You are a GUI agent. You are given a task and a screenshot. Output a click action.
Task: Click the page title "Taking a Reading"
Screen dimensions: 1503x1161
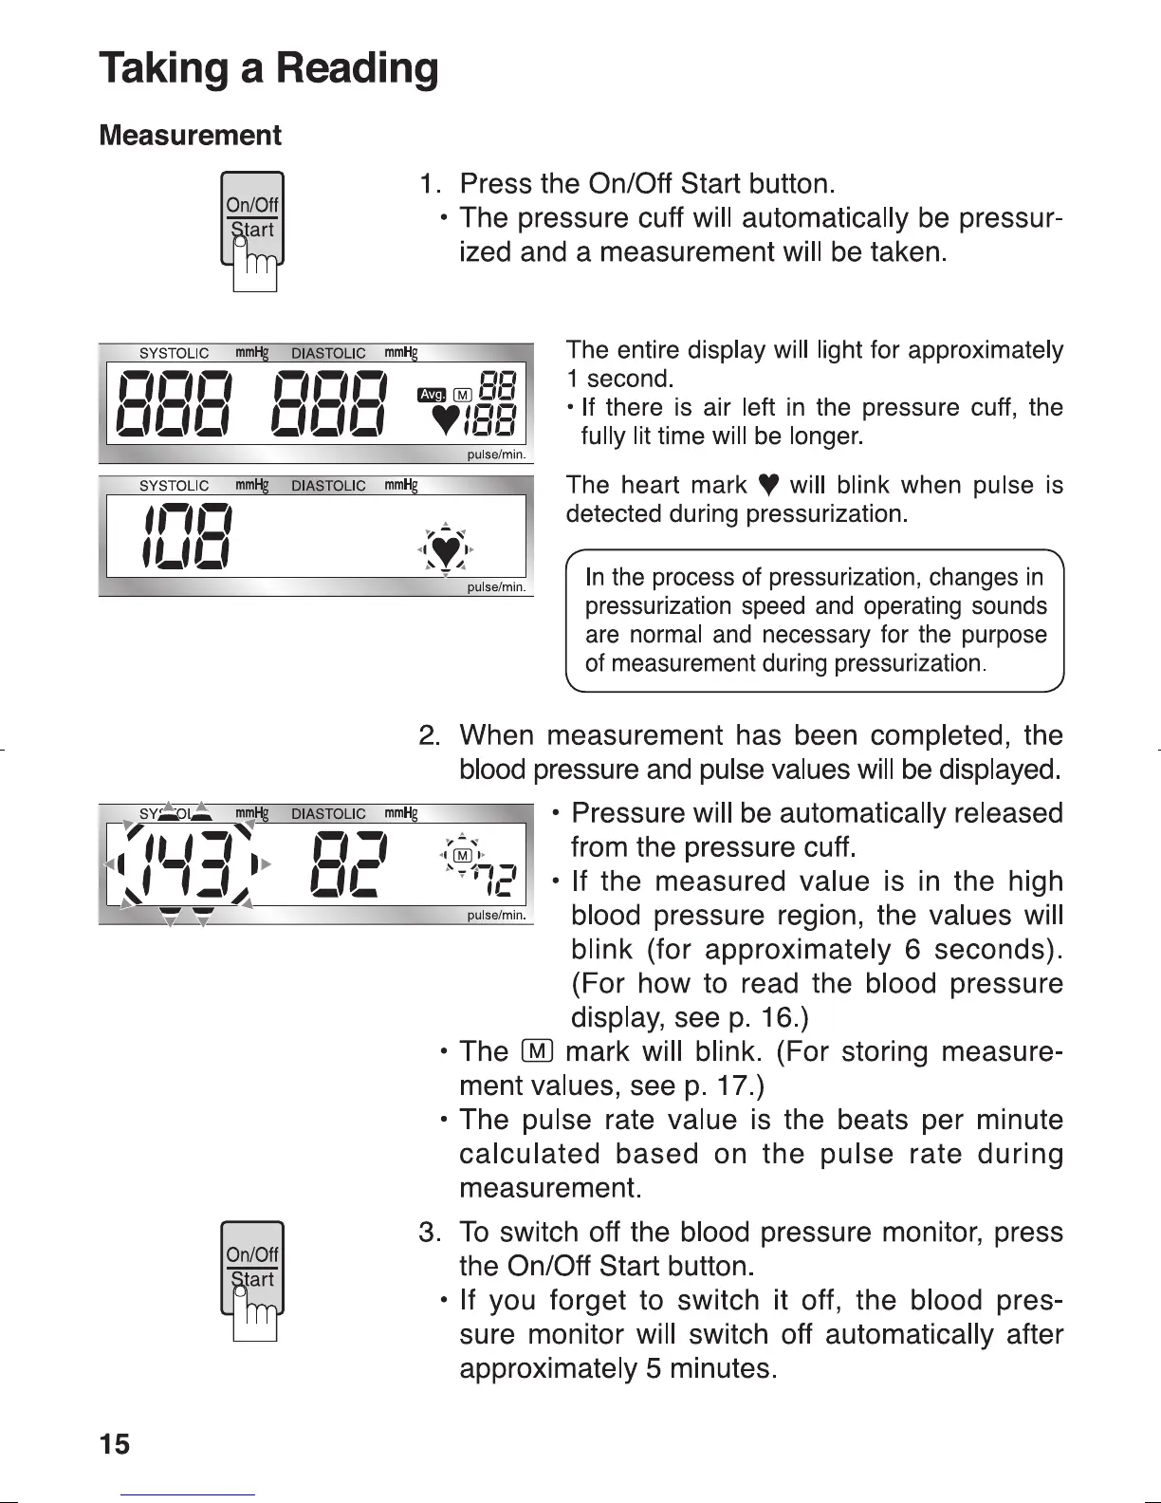coord(269,68)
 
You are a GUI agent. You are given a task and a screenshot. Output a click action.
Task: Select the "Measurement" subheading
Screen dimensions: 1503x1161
coord(190,136)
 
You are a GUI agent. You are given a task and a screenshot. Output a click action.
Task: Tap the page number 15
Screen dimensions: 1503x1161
coord(114,1444)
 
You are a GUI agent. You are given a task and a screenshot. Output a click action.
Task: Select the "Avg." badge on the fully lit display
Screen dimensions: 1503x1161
coord(432,394)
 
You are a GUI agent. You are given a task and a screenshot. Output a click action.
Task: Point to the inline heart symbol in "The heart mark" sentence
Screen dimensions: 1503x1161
coord(769,486)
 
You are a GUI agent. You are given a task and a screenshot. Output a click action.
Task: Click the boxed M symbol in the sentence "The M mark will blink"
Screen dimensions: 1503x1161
coord(534,1051)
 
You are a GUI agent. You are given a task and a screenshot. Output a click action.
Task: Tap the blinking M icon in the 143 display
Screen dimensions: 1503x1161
coord(463,855)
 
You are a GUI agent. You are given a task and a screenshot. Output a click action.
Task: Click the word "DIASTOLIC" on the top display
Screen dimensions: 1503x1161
coord(328,353)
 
